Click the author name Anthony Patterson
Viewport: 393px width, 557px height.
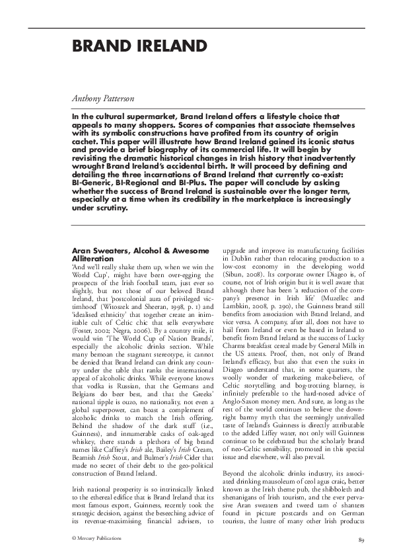pos(103,98)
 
